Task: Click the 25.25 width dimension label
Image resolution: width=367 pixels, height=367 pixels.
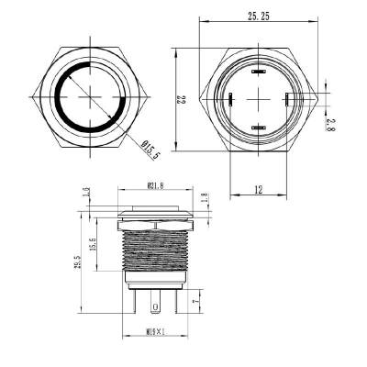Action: coord(258,17)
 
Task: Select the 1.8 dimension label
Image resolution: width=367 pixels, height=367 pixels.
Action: coord(205,196)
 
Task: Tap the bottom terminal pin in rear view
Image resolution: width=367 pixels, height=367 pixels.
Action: coord(257,128)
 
